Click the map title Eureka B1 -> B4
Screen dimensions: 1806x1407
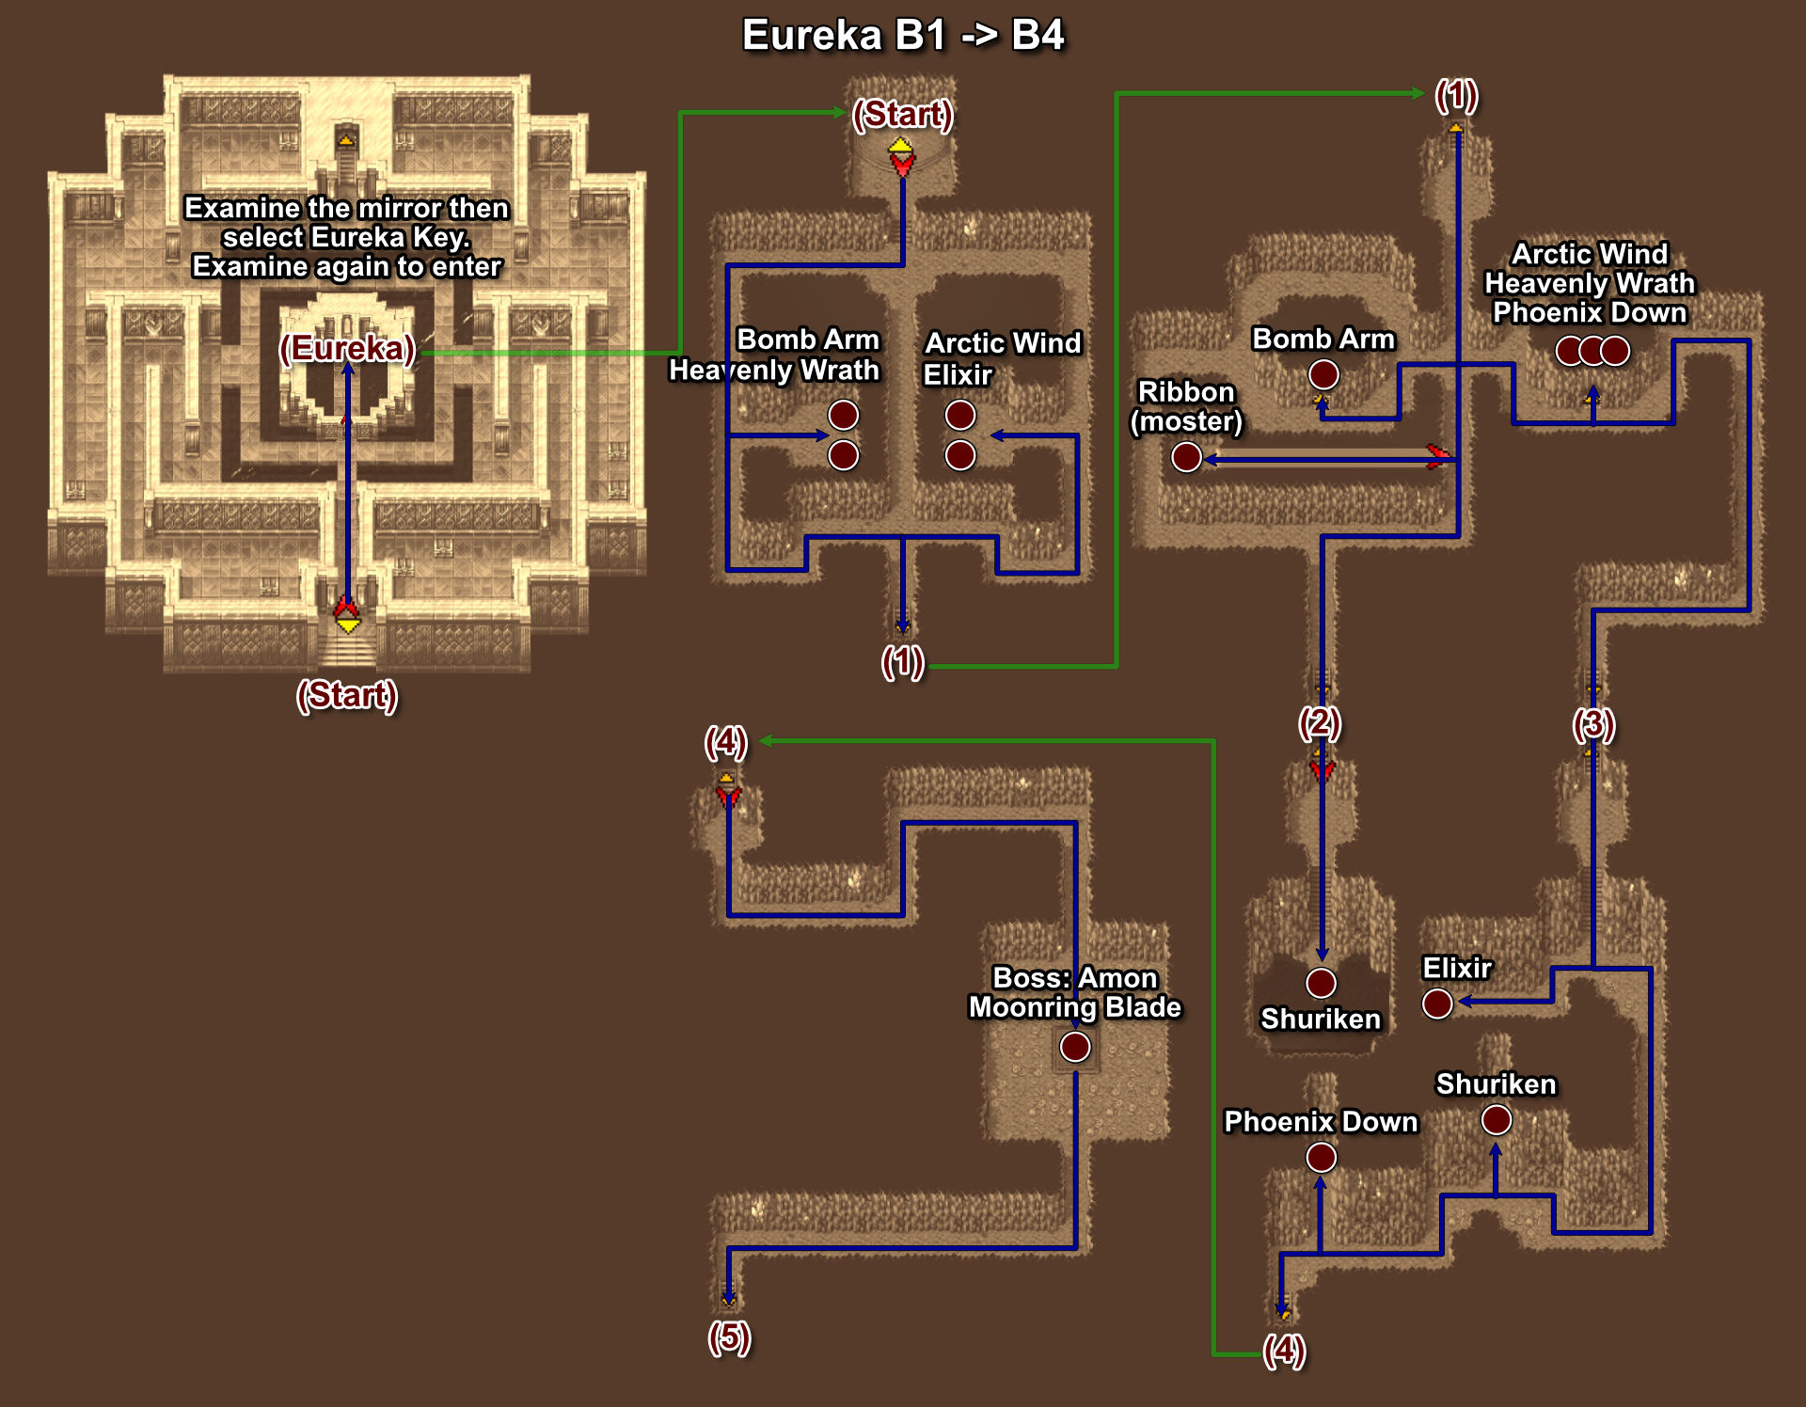(903, 36)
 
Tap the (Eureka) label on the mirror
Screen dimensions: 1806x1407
(347, 348)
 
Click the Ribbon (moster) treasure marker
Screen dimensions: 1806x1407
(1186, 457)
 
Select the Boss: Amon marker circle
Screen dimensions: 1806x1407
(1075, 1046)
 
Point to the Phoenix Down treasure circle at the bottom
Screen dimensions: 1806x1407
(1322, 1157)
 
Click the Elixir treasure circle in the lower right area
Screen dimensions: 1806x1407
(1437, 1004)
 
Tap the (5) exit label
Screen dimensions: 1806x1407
(729, 1336)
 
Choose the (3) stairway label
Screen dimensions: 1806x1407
(1593, 724)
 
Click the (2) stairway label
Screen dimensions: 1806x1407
(1320, 722)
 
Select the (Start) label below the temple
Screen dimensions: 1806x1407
(347, 695)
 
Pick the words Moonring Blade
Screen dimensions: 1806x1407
(1075, 1007)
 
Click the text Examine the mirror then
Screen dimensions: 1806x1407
(347, 208)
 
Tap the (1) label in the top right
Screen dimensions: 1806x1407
(1457, 95)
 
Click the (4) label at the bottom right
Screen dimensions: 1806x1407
(1285, 1350)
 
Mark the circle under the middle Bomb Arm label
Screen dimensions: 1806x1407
(1323, 374)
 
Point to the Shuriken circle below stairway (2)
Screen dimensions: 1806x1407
(1321, 983)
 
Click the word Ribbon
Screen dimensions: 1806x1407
(1186, 391)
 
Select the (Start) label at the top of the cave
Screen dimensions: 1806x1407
(903, 114)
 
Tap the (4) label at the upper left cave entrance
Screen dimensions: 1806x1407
(726, 742)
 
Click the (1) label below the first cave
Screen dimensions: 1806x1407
(903, 662)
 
